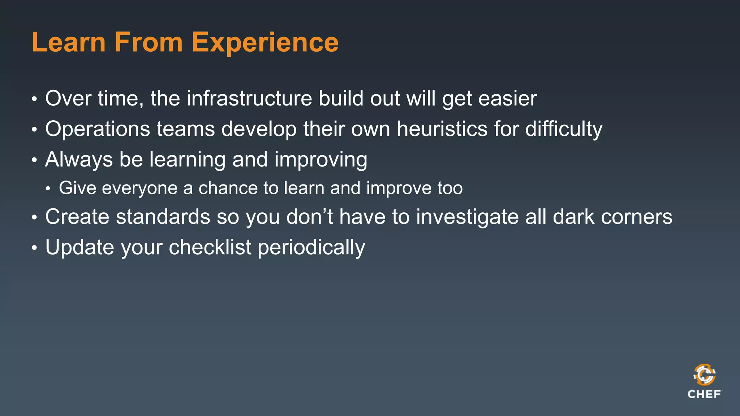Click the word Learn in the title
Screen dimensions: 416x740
69,43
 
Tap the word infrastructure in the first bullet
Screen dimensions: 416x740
249,98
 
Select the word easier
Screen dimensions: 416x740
507,98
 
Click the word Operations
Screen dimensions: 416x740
98,129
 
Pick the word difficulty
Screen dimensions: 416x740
564,129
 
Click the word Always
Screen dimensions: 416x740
79,159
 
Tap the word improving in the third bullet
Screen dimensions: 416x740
320,159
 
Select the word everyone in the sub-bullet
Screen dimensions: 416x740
139,188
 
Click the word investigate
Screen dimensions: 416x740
467,217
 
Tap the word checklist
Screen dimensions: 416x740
210,247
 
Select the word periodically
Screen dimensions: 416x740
311,247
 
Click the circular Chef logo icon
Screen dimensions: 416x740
704,375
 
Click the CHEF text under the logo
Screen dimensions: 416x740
704,394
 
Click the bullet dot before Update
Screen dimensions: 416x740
34,248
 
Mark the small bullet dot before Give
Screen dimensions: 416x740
48,188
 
